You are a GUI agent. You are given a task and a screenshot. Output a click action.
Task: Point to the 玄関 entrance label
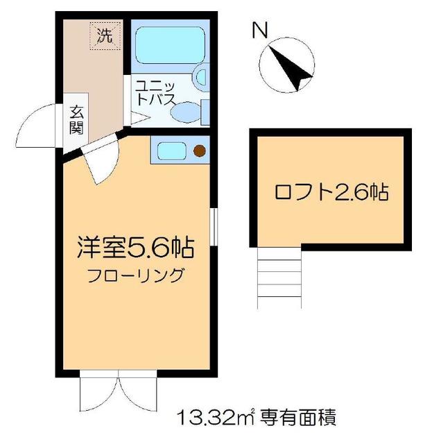pos(76,119)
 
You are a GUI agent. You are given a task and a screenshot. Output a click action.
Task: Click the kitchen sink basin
pos(169,150)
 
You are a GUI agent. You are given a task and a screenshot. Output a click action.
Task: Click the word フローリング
pos(135,275)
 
